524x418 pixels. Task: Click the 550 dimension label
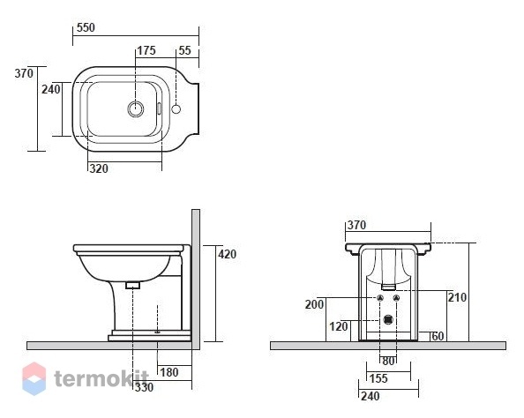86,27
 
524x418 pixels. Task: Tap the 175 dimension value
146,50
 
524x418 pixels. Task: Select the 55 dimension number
184,50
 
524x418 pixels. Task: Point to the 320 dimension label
99,168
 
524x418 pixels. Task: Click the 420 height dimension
228,254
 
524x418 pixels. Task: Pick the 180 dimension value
169,372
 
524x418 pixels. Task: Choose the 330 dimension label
145,387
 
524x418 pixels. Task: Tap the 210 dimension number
457,297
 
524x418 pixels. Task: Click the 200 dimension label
314,304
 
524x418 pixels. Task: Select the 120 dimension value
339,326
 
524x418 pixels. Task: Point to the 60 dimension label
438,336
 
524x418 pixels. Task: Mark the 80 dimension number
388,362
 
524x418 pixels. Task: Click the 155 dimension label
378,378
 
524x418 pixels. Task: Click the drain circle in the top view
136,108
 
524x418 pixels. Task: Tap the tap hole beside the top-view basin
176,108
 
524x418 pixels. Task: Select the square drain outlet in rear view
388,320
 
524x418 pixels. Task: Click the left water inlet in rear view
380,298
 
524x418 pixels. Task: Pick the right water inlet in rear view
397,298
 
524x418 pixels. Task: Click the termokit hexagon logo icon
34,378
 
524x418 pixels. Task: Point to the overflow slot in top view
160,108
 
